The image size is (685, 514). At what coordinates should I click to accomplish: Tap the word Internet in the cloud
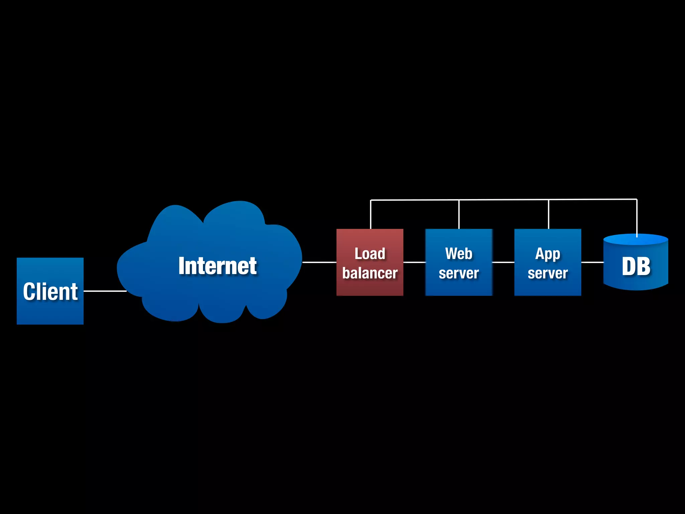pos(217,266)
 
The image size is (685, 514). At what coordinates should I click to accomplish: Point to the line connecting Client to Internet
pos(105,291)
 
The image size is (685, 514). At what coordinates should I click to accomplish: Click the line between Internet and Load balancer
pos(319,262)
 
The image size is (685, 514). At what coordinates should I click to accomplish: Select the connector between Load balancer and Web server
pos(414,262)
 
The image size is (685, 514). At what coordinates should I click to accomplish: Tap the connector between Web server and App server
pos(503,262)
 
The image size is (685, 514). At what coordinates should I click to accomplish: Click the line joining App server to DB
pos(592,262)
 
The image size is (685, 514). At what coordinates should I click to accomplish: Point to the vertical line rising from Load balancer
pos(371,214)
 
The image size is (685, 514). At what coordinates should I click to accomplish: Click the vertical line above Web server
pos(459,214)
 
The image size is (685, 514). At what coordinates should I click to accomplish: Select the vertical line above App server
pos(549,214)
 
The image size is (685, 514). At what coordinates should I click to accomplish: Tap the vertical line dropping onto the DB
pos(637,218)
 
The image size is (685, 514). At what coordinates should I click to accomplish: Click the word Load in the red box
pos(370,254)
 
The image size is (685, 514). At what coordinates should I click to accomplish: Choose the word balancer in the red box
pos(370,273)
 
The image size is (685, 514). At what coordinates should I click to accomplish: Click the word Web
pos(459,254)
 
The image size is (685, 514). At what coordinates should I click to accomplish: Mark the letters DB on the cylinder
pos(636,267)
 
